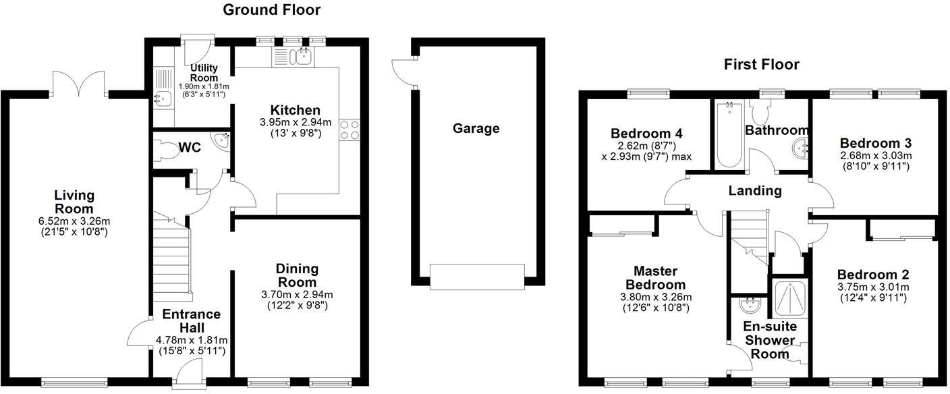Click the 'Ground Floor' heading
click(x=271, y=9)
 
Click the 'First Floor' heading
click(x=761, y=64)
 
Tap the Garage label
click(x=476, y=128)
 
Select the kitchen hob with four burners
click(x=350, y=129)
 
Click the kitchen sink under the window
click(x=302, y=57)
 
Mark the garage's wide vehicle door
click(x=477, y=277)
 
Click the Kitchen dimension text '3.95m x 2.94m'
click(x=295, y=122)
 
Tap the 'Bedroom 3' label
click(x=875, y=143)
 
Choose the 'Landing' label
click(x=754, y=191)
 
